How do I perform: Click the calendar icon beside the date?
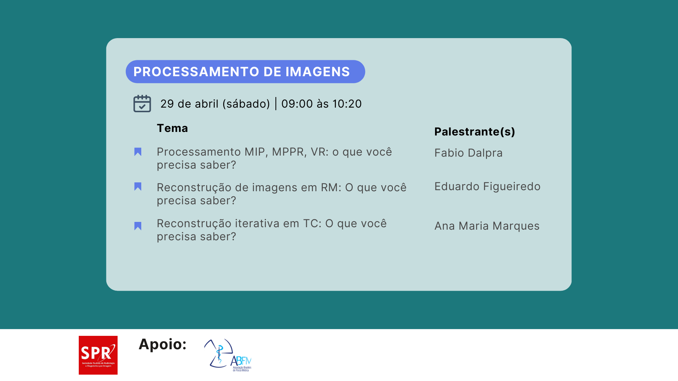(142, 103)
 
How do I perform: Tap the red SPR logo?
(98, 355)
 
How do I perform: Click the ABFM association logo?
(228, 355)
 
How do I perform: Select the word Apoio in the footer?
(163, 344)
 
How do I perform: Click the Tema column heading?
(172, 128)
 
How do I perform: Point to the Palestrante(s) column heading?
(475, 132)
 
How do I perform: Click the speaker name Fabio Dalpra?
(468, 153)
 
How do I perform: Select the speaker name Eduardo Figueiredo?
(487, 186)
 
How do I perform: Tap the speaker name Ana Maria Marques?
(487, 226)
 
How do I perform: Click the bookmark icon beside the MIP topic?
(138, 152)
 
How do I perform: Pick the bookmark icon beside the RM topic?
(138, 187)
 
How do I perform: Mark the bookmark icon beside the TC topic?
(138, 226)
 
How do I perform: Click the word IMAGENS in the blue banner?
(317, 72)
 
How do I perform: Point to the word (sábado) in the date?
(246, 104)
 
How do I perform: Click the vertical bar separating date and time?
(276, 104)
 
